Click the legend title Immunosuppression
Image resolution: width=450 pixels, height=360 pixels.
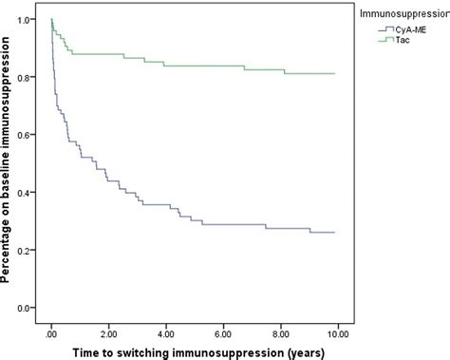pyautogui.click(x=398, y=12)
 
